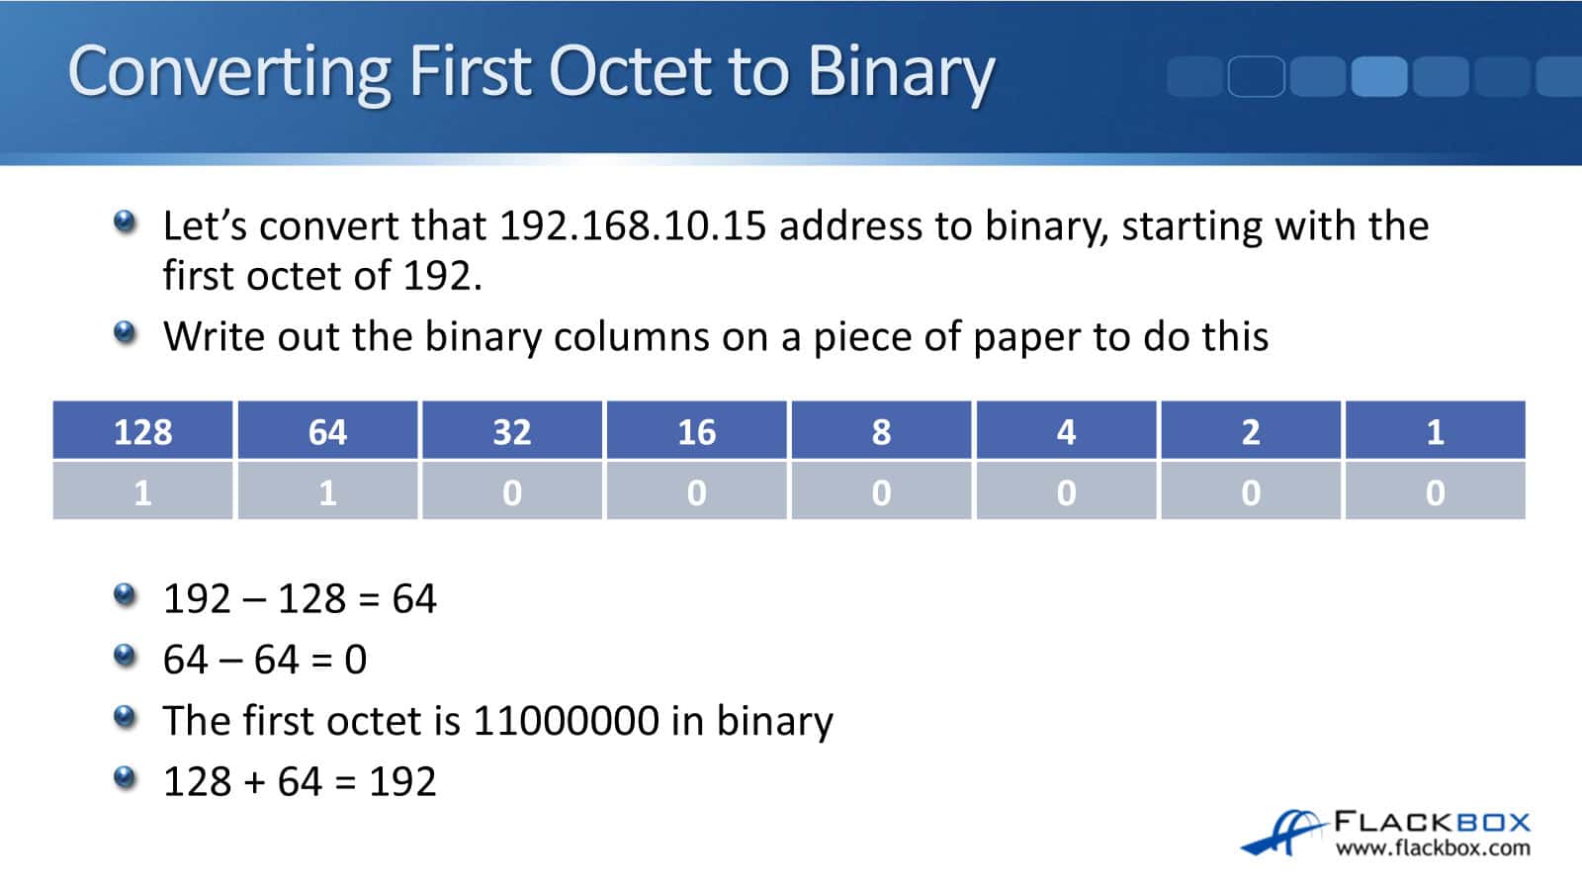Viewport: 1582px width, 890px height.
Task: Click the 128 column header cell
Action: click(x=143, y=431)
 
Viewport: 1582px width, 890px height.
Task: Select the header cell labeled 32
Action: click(x=512, y=431)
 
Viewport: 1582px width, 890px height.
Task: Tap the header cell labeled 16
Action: click(x=697, y=431)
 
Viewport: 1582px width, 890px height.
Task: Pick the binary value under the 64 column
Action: click(x=327, y=491)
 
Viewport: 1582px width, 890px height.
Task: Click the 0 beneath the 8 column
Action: click(x=881, y=491)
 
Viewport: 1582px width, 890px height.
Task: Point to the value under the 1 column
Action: click(x=1435, y=491)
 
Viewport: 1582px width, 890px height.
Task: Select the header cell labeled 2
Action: click(x=1251, y=431)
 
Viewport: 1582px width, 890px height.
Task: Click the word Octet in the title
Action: click(x=631, y=71)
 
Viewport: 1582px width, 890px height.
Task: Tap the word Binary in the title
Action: click(x=900, y=71)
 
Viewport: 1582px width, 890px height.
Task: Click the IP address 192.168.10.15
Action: click(x=633, y=226)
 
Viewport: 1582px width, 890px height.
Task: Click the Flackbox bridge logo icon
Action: click(x=1281, y=833)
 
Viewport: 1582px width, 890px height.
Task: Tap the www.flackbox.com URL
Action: click(x=1432, y=848)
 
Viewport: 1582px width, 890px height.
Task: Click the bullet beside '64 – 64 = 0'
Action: click(x=125, y=655)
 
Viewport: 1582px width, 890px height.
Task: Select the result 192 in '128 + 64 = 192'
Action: click(x=402, y=782)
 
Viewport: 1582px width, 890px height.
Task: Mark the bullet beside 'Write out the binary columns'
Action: click(x=125, y=332)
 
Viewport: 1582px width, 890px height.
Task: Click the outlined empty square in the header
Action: click(x=1256, y=76)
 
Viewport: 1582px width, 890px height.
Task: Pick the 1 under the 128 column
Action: click(x=143, y=491)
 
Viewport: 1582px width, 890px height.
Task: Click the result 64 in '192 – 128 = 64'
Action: click(x=414, y=599)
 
